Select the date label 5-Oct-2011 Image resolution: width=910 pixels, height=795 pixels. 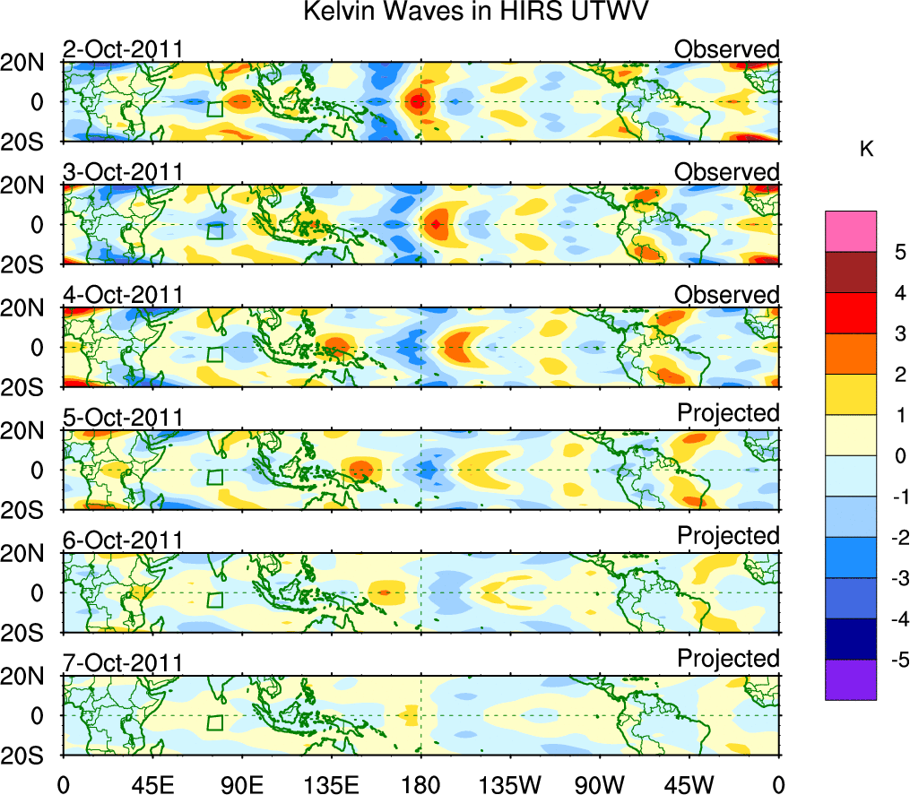(x=123, y=418)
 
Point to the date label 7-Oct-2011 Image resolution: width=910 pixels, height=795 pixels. (x=123, y=663)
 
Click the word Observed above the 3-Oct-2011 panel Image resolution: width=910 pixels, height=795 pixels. (x=727, y=171)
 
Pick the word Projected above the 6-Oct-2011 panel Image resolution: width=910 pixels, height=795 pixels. (x=728, y=536)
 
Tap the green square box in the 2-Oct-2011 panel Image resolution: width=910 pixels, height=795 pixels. (x=214, y=109)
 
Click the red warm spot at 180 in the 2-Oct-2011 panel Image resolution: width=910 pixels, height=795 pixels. (x=417, y=102)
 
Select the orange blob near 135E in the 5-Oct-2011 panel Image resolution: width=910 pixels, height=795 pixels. (x=360, y=469)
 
